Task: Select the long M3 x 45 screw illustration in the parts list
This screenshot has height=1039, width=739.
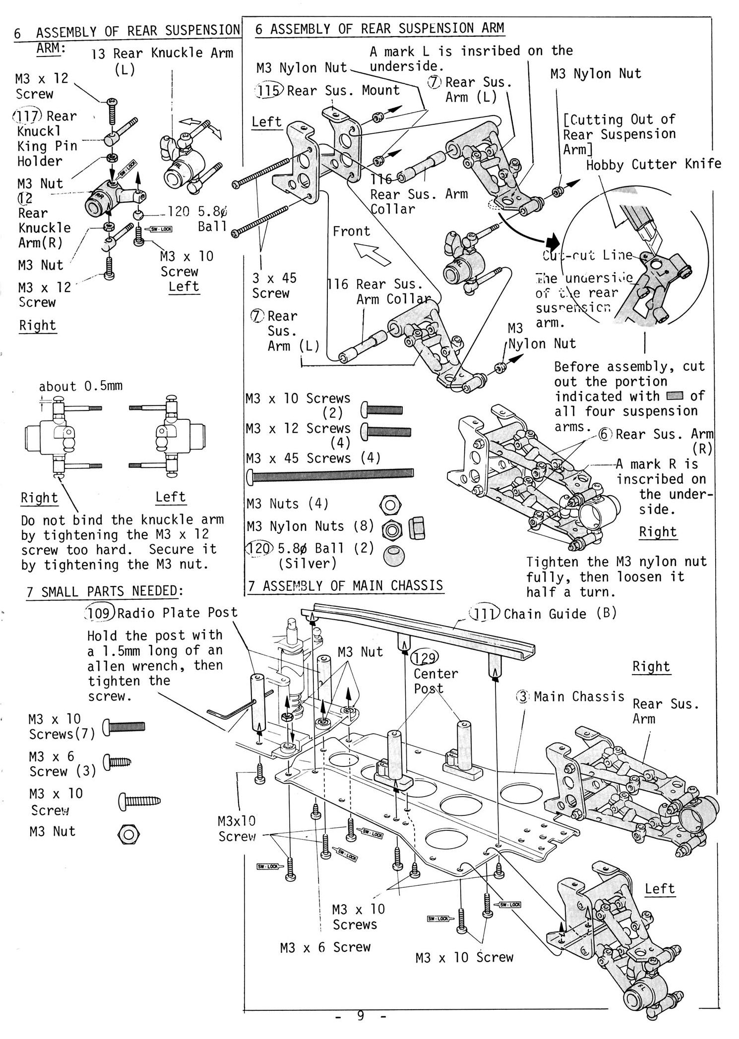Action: click(330, 474)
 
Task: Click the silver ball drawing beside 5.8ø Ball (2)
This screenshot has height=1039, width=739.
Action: click(393, 555)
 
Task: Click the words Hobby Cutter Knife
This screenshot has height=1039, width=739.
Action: click(653, 165)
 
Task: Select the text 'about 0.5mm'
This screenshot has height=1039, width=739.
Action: click(80, 386)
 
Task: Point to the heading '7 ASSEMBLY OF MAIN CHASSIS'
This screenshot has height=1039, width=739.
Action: click(345, 586)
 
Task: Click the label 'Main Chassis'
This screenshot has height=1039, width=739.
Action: click(578, 697)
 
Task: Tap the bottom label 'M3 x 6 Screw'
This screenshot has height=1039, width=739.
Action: click(325, 947)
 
